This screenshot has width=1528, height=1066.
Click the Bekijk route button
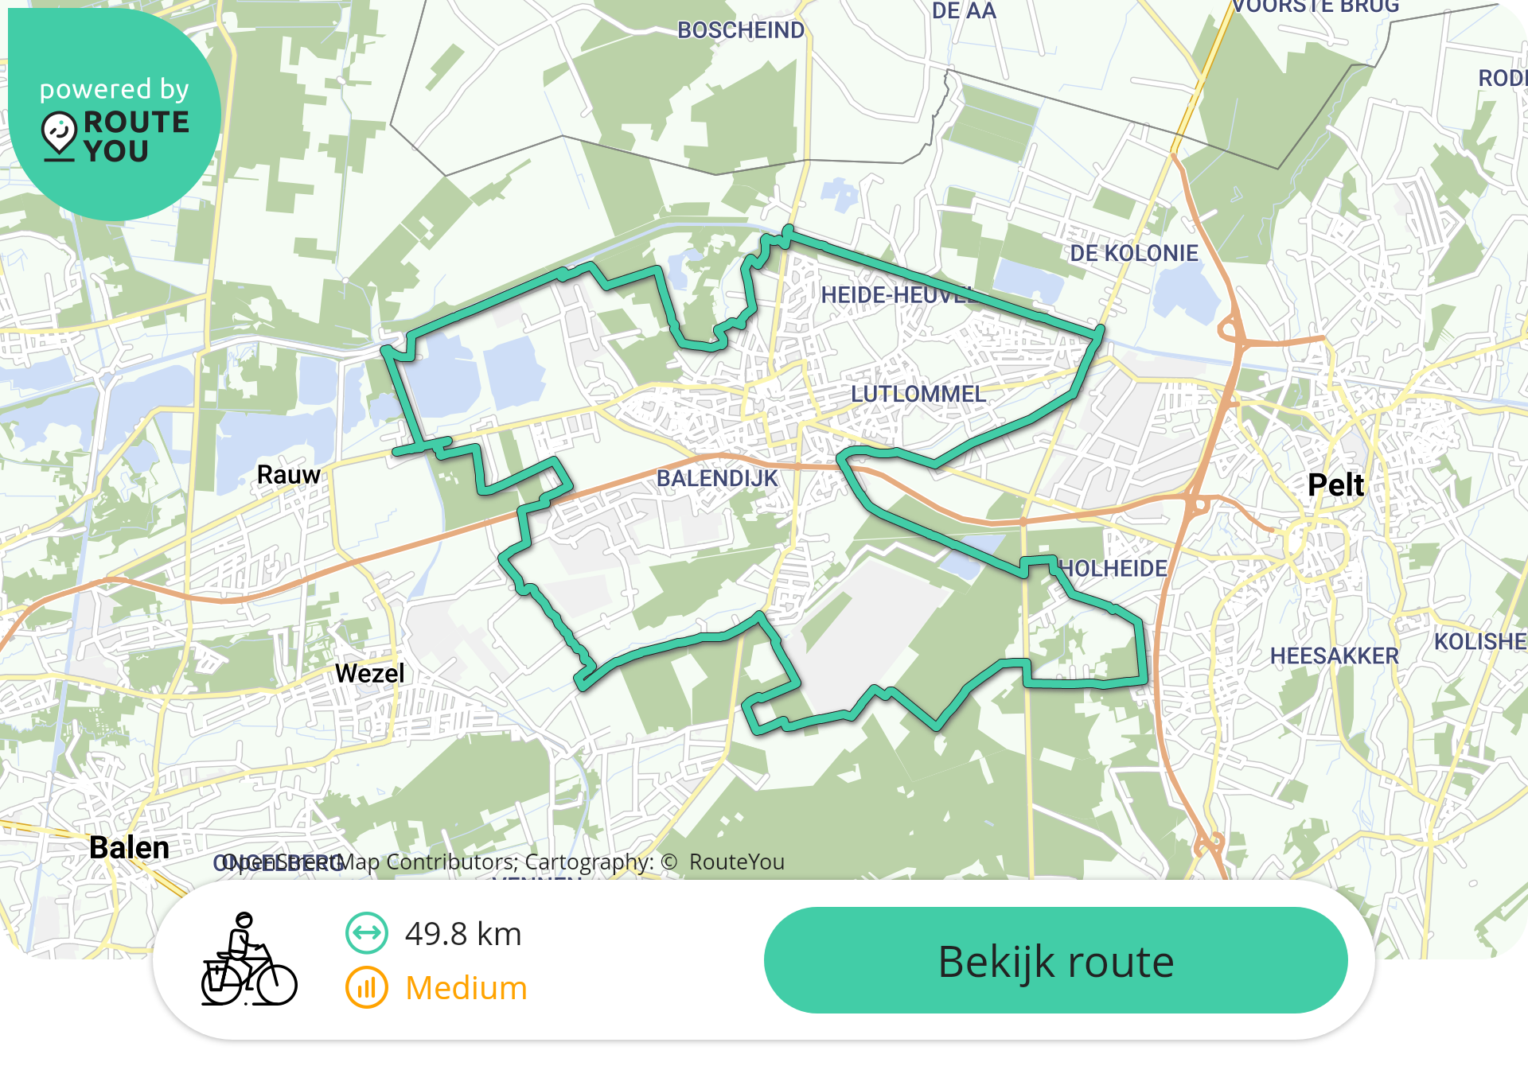click(1055, 960)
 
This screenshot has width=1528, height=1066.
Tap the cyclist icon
click(248, 960)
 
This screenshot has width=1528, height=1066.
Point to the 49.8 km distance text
click(462, 934)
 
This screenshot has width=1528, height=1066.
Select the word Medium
click(466, 988)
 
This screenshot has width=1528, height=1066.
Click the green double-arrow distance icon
click(367, 933)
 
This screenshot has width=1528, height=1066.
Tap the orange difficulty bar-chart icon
click(367, 987)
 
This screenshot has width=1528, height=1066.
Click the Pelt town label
click(1335, 484)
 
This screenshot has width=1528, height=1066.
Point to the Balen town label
click(129, 847)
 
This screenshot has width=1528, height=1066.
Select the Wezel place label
click(369, 673)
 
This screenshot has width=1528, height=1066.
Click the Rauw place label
click(288, 475)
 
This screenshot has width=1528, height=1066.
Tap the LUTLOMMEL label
click(918, 394)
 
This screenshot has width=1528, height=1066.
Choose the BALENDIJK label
click(716, 478)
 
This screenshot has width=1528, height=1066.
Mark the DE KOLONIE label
click(1133, 253)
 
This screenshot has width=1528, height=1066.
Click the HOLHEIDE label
click(1114, 568)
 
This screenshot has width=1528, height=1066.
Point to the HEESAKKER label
click(1334, 656)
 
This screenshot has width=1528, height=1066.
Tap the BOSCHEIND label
click(740, 30)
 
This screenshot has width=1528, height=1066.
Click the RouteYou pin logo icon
click(59, 134)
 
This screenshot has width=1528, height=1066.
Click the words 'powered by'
click(115, 89)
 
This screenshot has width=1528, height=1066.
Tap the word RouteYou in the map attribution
click(736, 862)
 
